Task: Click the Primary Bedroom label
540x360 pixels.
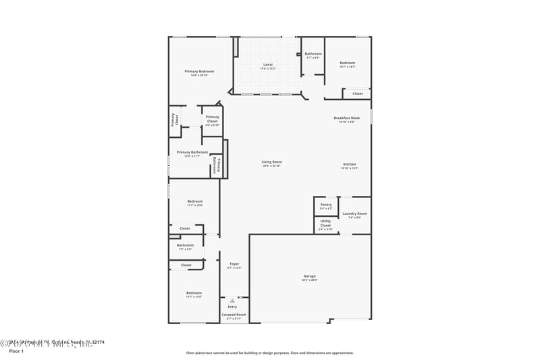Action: click(199, 72)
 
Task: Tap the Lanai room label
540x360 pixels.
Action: click(268, 65)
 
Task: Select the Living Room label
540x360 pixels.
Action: click(272, 162)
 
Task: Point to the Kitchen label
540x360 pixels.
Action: click(349, 165)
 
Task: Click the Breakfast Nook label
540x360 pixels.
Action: click(347, 118)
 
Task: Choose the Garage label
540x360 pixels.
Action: click(309, 276)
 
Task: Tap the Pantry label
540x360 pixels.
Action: click(325, 205)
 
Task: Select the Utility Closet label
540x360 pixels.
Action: click(325, 224)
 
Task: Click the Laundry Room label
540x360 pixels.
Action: click(354, 214)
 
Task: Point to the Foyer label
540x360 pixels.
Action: click(234, 264)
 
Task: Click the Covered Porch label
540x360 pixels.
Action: click(234, 315)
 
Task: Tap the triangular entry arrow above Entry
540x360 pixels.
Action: click(232, 301)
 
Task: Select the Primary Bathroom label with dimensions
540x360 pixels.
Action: click(192, 153)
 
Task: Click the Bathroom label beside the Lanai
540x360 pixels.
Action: click(313, 54)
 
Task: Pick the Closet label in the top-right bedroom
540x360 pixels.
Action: click(357, 94)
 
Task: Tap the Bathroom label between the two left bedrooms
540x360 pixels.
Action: click(185, 246)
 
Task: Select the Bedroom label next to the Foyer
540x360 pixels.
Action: click(194, 293)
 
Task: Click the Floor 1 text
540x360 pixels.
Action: click(16, 351)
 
